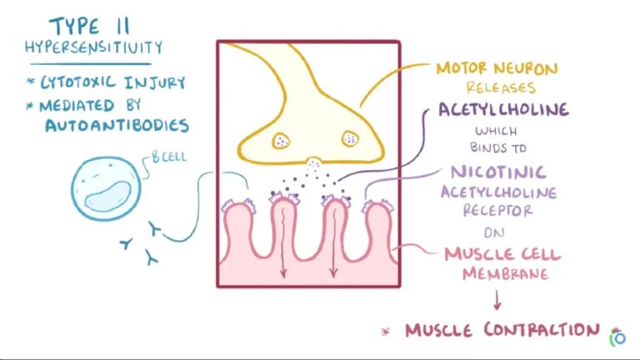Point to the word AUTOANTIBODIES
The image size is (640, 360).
pyautogui.click(x=117, y=126)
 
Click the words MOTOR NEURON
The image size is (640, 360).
pyautogui.click(x=496, y=68)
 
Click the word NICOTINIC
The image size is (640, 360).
pyautogui.click(x=498, y=172)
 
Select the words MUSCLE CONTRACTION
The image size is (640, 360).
pyautogui.click(x=502, y=331)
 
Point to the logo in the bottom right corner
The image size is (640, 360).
pyautogui.click(x=617, y=337)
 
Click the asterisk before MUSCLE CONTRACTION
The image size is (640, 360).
pyautogui.click(x=385, y=332)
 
